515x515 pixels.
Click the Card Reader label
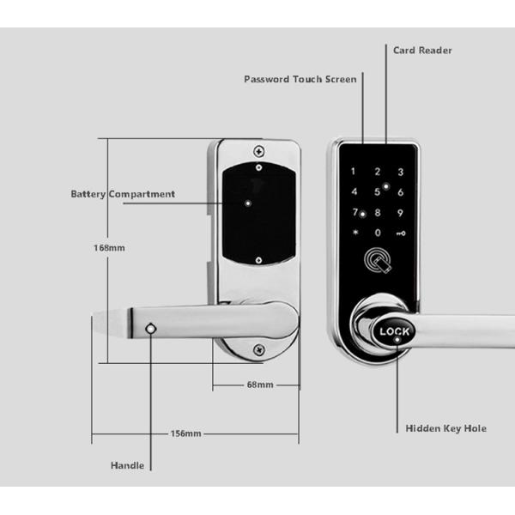422,51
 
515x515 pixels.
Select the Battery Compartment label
123,194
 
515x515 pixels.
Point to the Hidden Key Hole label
445,427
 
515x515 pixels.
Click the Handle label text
127,466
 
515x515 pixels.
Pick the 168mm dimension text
109,248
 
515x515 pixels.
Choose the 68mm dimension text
259,385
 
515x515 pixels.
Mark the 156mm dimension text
185,433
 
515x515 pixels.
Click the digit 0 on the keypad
377,233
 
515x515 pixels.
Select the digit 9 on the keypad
399,213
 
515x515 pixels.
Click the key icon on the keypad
400,233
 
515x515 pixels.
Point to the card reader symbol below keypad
377,261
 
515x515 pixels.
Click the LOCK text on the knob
397,331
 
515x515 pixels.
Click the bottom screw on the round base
257,349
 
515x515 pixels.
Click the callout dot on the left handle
151,330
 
